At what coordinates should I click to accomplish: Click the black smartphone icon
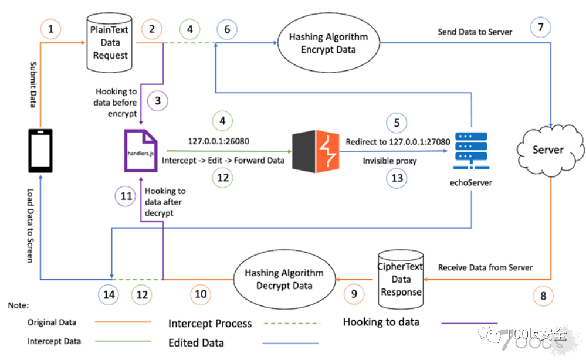click(40, 151)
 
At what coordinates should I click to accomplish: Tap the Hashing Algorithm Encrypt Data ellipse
click(328, 43)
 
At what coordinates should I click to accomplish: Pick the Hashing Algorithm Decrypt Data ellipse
click(284, 279)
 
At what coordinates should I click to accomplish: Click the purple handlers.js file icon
click(140, 151)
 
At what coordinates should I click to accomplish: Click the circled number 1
click(51, 28)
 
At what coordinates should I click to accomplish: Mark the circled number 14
click(109, 294)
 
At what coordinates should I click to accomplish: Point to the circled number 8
click(543, 296)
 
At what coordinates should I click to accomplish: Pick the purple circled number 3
click(158, 100)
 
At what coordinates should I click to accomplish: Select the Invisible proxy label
click(389, 160)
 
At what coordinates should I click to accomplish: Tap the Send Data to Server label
click(475, 32)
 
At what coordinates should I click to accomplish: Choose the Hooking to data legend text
click(381, 321)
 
